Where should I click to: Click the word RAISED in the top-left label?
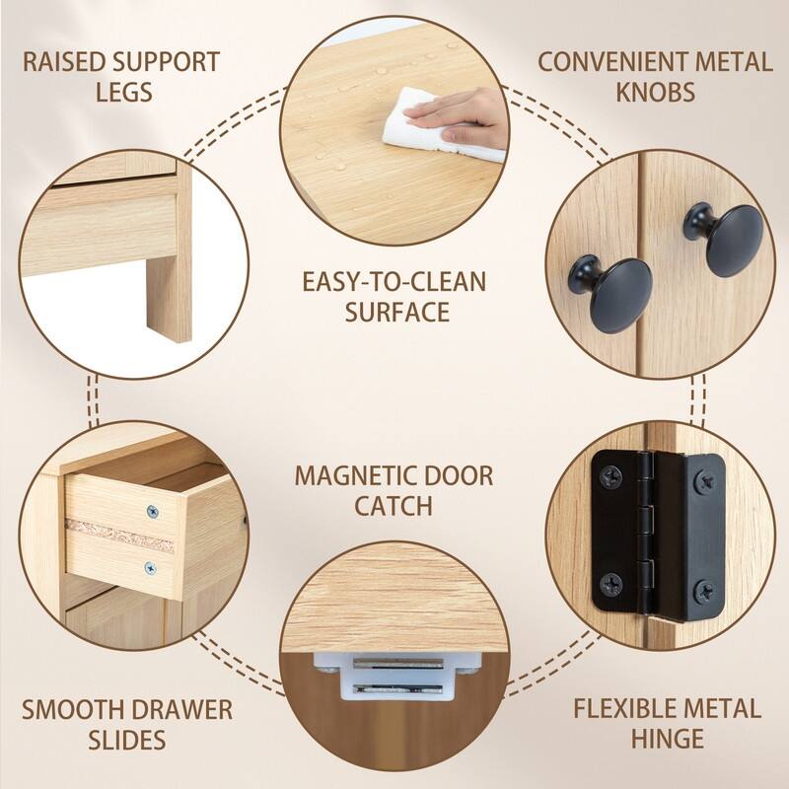[x=63, y=61]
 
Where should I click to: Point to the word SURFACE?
[x=394, y=313]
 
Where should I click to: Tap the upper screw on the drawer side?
[x=152, y=512]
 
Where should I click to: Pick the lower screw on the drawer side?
[x=151, y=567]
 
